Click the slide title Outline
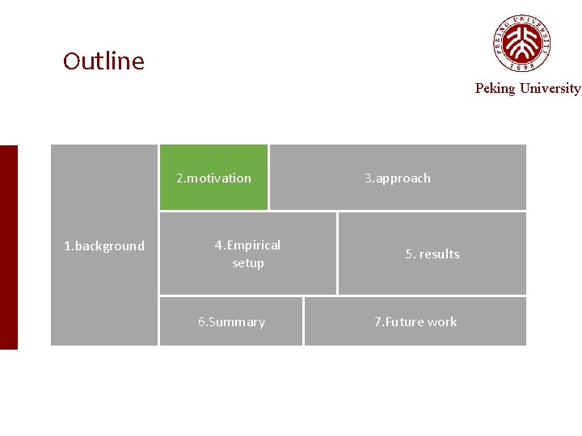[103, 61]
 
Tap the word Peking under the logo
[495, 89]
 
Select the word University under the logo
[550, 89]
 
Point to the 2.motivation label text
[213, 178]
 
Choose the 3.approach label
[397, 178]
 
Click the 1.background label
[104, 246]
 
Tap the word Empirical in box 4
[254, 245]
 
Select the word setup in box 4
[248, 263]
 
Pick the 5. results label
[432, 254]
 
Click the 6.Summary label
[231, 322]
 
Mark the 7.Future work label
[415, 322]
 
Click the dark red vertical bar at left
[8, 247]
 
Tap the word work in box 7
[442, 322]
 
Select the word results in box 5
[439, 254]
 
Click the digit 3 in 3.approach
[368, 178]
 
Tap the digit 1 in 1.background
[67, 246]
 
